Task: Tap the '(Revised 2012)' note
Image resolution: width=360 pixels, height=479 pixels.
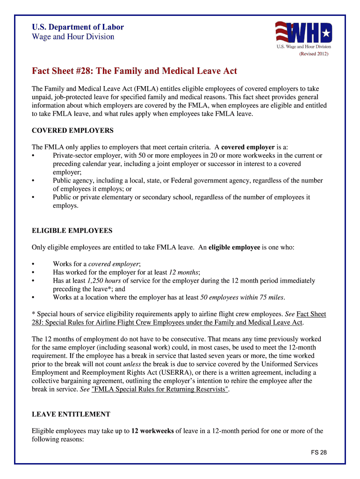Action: pos(314,54)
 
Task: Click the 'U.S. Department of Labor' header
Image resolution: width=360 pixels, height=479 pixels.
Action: pos(78,27)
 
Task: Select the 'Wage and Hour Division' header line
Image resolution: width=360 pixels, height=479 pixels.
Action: pos(73,36)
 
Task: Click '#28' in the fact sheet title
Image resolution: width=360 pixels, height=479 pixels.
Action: pos(80,71)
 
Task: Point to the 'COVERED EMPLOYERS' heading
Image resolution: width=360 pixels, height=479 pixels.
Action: pos(72,130)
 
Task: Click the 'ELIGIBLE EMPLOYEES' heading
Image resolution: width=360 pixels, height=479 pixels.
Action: pos(72,231)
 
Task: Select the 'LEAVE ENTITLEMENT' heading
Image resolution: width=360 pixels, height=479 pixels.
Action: pos(71,414)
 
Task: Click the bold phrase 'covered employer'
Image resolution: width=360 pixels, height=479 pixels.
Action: pos(248,147)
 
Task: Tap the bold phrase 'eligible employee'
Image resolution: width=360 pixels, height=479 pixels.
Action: pos(234,247)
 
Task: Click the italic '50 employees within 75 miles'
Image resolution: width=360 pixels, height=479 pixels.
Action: pos(242,298)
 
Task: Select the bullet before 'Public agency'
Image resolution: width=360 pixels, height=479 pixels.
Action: pos(33,181)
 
